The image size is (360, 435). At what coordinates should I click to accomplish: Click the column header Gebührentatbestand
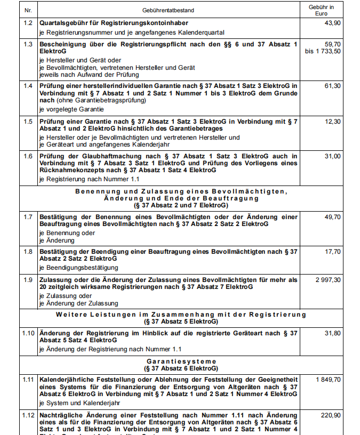pos(168,10)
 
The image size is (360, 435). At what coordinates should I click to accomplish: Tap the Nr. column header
pos(28,10)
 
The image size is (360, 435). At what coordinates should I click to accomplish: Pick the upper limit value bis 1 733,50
pos(322,51)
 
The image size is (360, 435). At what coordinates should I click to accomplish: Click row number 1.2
pos(28,24)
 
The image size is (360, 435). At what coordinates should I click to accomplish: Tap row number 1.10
pos(28,333)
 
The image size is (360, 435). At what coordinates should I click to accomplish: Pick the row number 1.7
pos(28,216)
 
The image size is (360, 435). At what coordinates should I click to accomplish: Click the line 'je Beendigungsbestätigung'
pos(78,268)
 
